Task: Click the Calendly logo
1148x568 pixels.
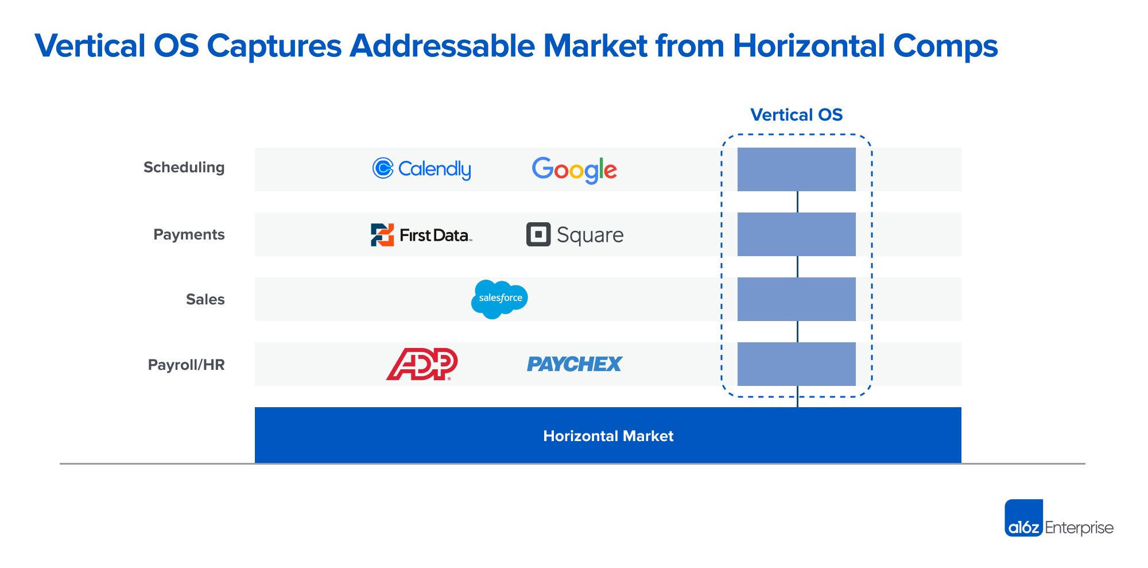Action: coord(422,169)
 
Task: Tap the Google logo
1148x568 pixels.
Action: coord(575,170)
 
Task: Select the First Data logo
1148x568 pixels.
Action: coord(421,235)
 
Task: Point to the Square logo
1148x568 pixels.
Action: coord(575,235)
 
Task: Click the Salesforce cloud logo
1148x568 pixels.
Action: coord(499,299)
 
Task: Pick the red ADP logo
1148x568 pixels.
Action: coord(422,364)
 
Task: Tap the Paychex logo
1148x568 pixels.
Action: coord(575,364)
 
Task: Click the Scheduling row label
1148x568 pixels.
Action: coord(184,168)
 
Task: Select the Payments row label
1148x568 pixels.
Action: coord(189,234)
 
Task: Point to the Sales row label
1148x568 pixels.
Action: coord(205,299)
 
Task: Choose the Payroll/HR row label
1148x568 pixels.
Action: coord(186,365)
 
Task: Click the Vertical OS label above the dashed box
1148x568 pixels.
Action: coord(797,115)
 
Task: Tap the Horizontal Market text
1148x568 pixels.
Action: coord(608,436)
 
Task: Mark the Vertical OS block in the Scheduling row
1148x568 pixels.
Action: coord(797,169)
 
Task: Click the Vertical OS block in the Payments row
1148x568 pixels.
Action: coord(797,234)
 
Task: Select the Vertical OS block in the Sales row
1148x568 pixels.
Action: coord(797,299)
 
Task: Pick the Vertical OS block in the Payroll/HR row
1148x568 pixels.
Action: coord(797,364)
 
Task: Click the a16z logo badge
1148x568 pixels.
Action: coord(1023,518)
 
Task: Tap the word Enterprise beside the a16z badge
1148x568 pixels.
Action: coord(1079,528)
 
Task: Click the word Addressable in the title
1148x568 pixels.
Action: coord(442,46)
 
